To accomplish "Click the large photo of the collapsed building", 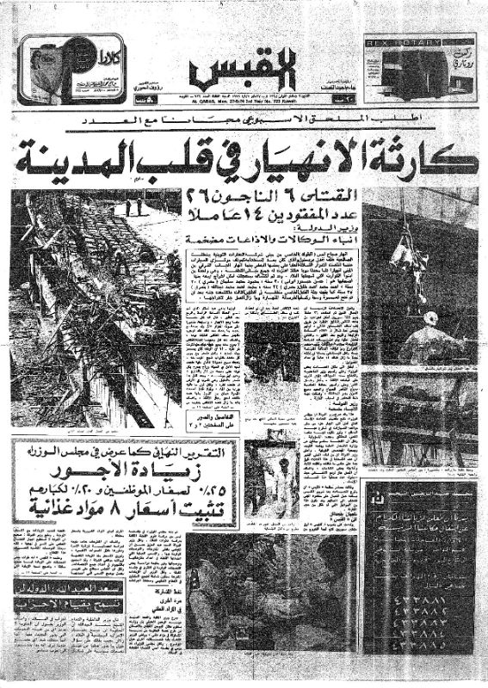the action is coord(95,301).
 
